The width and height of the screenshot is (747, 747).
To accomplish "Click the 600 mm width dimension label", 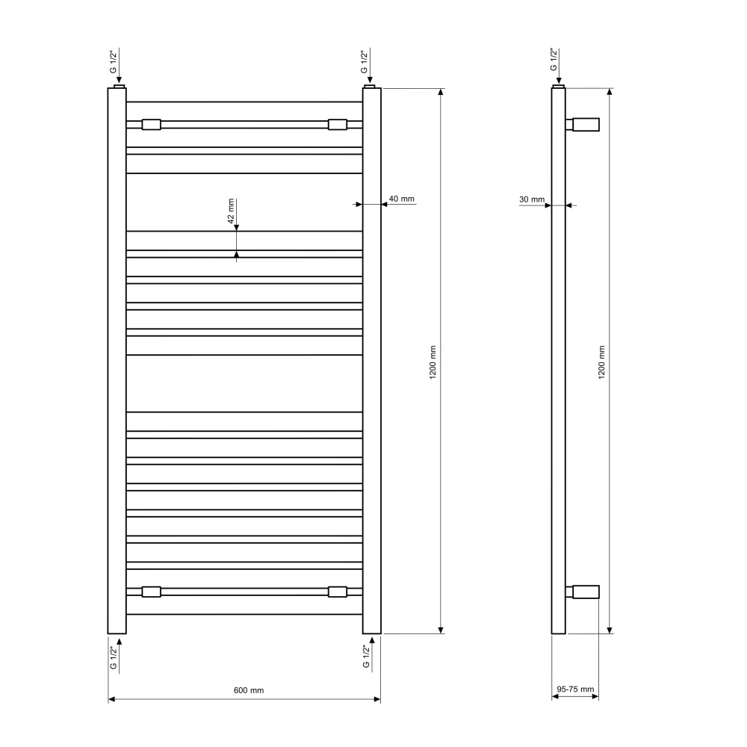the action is click(x=249, y=690).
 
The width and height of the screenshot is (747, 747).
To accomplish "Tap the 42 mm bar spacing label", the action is click(x=231, y=211).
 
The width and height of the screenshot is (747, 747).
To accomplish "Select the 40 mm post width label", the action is click(x=402, y=199).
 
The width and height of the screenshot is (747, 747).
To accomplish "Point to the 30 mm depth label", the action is click(x=532, y=199).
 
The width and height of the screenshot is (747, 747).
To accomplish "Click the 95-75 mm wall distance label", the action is click(x=575, y=689).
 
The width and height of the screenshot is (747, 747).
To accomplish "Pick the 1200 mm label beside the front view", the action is click(x=433, y=362).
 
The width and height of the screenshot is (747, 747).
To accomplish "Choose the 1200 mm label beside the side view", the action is click(x=601, y=362).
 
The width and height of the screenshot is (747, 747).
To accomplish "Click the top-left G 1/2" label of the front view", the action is click(x=113, y=62).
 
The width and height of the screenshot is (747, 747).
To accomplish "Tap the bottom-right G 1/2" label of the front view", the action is click(x=366, y=657).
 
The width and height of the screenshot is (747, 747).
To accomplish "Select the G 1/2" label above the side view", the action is click(x=553, y=60).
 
